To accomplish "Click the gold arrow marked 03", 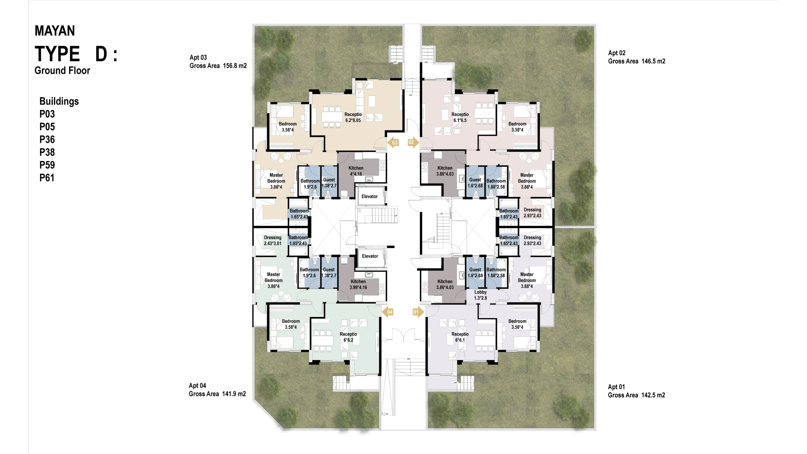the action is coord(393,143).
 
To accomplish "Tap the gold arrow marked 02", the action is coord(413,142).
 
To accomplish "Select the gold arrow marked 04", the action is coord(388,312).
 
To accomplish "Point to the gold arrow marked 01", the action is coord(418,312).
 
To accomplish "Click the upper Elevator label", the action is coord(369,196).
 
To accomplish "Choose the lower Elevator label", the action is coord(370,256).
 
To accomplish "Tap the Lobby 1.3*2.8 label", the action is coord(480,295).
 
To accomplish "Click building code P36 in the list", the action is coord(47,139).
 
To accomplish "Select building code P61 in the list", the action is coord(47,178).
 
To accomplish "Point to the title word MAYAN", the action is coord(55,31).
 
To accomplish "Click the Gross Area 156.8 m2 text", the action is coord(218,66).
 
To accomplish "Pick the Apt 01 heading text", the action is coord(616,387).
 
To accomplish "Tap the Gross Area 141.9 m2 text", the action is coord(217,394).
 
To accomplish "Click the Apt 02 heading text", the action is coord(617,53).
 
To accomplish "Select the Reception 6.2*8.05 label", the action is coord(353,117).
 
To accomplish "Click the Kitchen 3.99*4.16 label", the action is coord(358,284).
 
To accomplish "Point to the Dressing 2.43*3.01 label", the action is coord(273,241).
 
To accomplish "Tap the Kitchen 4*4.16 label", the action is coord(356,171).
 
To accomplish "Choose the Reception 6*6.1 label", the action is coord(460,337).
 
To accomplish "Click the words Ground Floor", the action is coord(62,70).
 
